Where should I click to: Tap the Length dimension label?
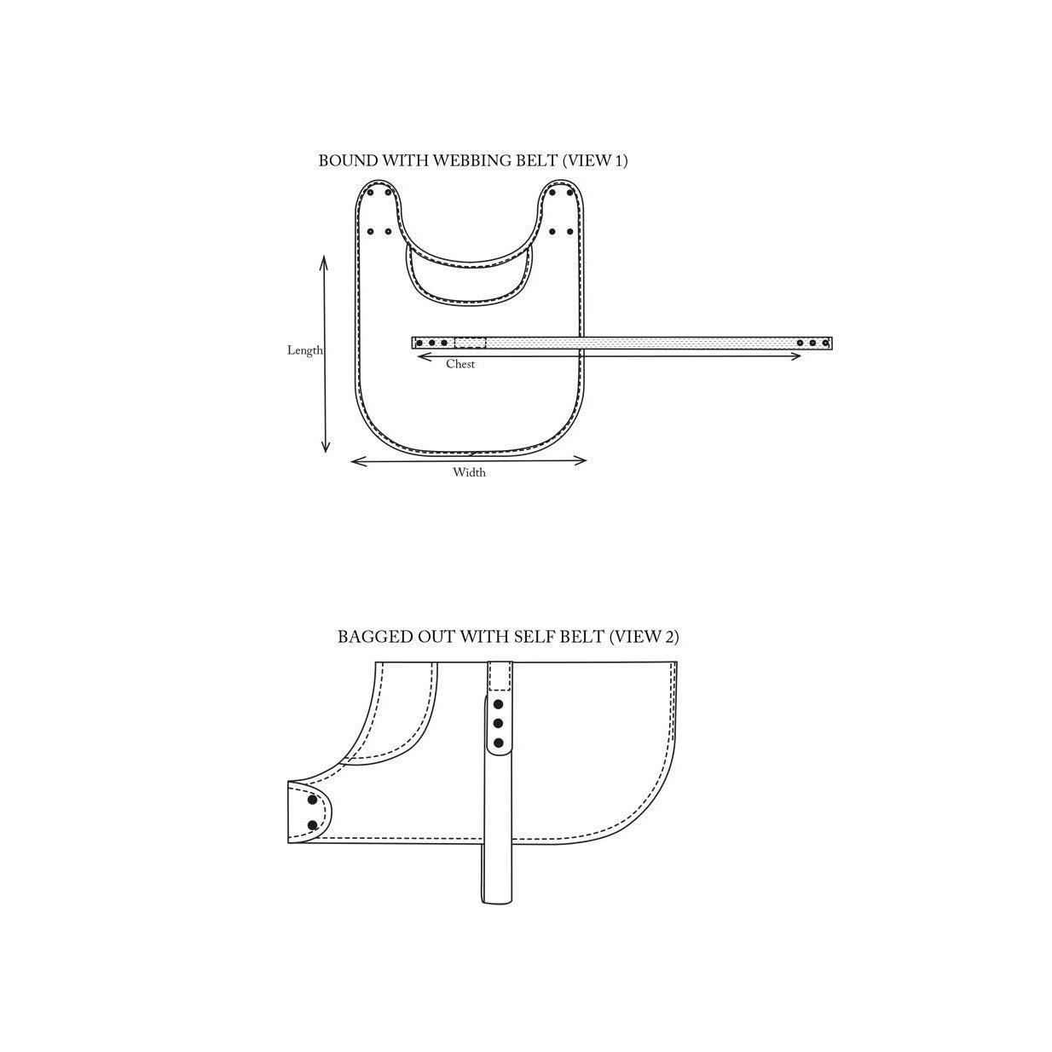point(304,350)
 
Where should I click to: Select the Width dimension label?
point(469,472)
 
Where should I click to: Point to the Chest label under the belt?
point(460,364)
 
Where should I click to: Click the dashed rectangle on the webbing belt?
point(470,343)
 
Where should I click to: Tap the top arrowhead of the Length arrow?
point(324,261)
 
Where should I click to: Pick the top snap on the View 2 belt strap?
point(498,705)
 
